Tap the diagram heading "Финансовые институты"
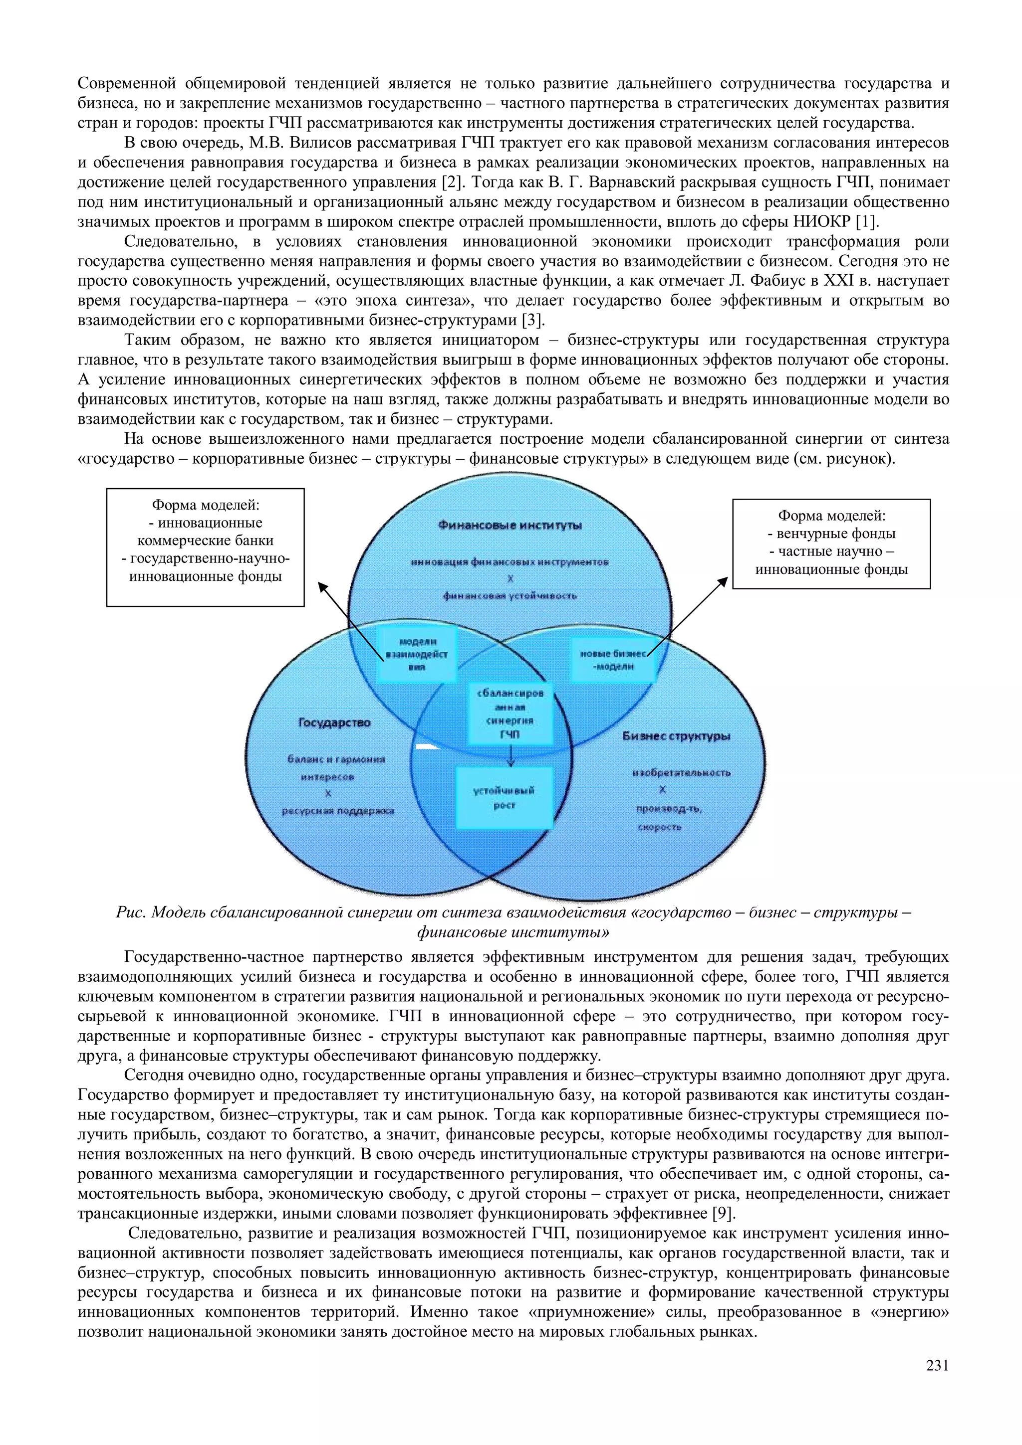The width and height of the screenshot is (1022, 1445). coord(510,526)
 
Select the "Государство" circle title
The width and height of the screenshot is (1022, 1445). coord(334,722)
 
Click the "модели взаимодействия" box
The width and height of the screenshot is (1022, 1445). coord(416,655)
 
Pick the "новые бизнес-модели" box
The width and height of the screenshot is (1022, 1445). coord(613,660)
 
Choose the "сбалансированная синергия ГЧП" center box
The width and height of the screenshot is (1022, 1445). coord(510,713)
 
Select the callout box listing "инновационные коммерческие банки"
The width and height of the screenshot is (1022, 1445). coord(205,547)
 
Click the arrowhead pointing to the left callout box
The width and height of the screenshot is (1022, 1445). coord(322,586)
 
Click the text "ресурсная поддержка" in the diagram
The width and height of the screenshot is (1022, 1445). coord(337,811)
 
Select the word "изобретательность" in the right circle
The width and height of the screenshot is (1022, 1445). coord(681,772)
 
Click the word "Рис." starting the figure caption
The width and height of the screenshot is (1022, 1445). coord(130,912)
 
